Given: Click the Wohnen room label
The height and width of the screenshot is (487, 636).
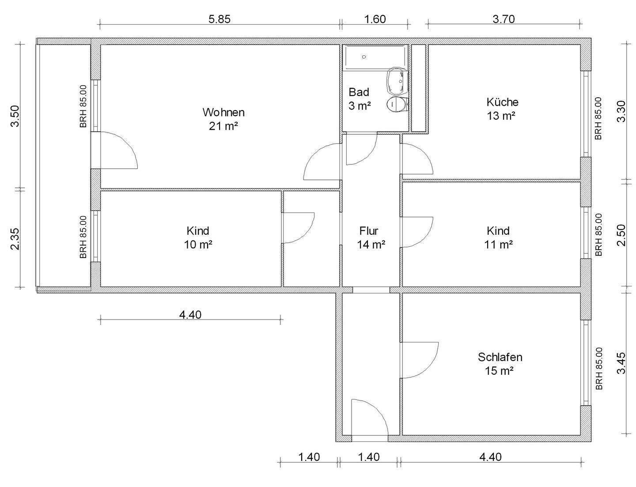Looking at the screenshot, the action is pos(223,112).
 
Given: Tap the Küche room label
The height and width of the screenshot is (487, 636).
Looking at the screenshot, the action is pos(503,102).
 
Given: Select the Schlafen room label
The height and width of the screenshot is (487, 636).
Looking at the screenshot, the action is pos(500,357).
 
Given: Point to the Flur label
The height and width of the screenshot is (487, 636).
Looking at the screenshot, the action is pos(369,231).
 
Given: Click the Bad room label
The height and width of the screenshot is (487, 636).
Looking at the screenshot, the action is pos(359,92).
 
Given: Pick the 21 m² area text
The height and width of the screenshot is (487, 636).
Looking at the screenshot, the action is pos(223,126).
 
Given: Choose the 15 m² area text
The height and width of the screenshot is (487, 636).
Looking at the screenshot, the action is pos(500,371).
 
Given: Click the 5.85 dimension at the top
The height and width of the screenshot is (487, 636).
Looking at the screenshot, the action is pos(220,19).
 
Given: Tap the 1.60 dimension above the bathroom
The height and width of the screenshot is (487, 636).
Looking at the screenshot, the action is pos(375,19).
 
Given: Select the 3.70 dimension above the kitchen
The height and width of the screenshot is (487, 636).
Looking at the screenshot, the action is pos(503,19).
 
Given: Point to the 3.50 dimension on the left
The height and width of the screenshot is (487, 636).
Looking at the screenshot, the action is pos(15,116).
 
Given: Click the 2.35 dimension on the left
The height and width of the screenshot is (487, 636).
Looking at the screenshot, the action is pos(15,239).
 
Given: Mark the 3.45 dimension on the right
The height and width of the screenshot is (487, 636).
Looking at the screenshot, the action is pos(621,364).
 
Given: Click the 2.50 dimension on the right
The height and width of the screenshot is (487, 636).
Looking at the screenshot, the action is pos(621,235).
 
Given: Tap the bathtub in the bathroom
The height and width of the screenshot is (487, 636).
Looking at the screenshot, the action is pos(375,57).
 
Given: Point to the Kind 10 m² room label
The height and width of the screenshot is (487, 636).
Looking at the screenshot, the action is pos(198,238).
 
